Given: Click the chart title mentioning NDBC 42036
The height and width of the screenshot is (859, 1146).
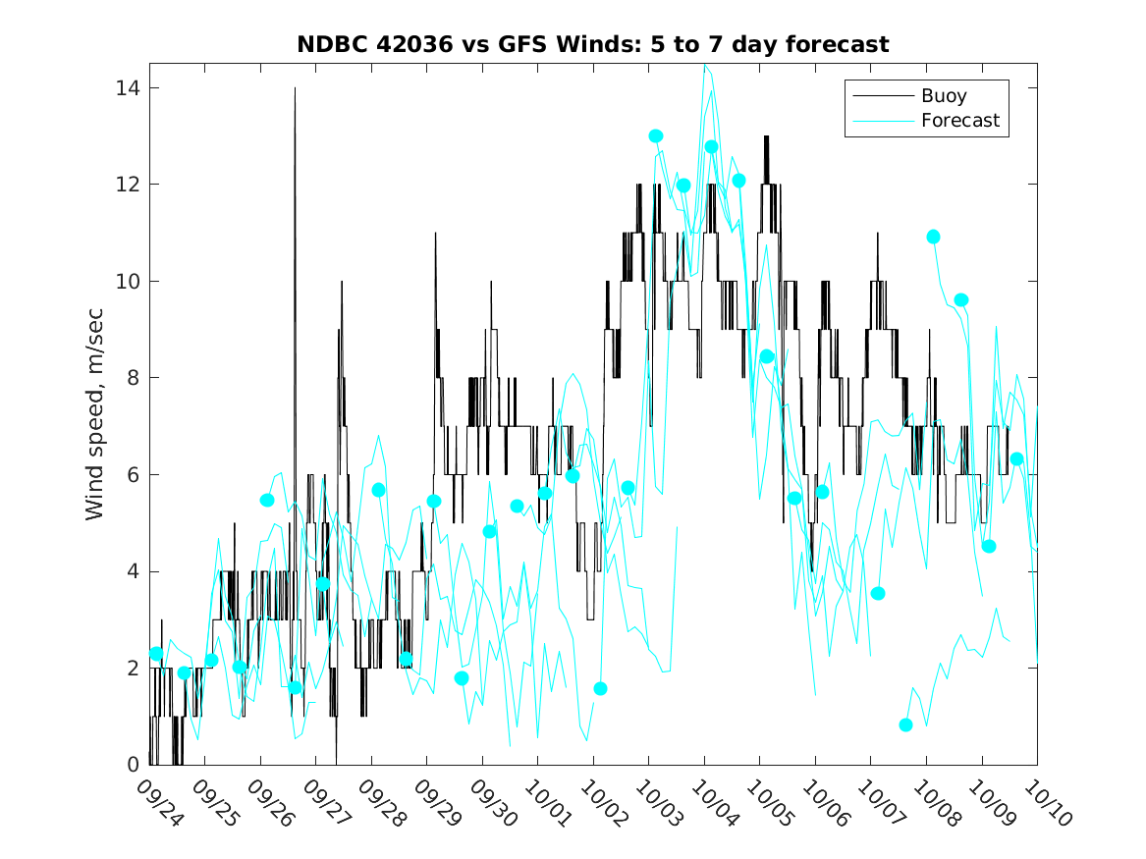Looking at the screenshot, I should pos(593,44).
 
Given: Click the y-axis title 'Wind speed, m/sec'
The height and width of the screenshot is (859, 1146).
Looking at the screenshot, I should pos(95,413).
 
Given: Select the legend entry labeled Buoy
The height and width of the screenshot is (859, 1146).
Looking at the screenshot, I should pos(943,96).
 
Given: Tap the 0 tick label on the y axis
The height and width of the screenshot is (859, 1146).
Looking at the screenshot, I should pos(133,765).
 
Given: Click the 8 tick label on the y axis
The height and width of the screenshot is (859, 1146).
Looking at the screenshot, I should pos(133,378).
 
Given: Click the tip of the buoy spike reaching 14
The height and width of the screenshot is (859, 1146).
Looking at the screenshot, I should pos(295,88).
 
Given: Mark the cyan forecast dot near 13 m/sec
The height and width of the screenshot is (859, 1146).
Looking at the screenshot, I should pos(656,136).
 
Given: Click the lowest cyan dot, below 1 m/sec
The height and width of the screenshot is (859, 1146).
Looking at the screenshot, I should pos(905,725).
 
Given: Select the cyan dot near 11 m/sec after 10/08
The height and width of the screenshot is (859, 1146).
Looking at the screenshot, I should pos(933,237).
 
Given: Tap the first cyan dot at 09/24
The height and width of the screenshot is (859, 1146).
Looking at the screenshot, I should pos(156,654).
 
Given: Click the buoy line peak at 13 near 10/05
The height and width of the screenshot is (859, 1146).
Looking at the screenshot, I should pos(766,137).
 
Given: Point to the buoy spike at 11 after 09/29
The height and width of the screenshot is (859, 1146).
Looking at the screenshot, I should pos(435,234).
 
